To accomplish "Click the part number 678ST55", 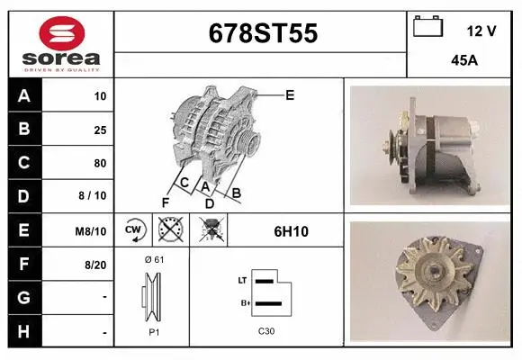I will pyautogui.click(x=262, y=34).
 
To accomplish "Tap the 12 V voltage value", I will pyautogui.click(x=482, y=31).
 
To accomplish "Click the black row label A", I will pyautogui.click(x=24, y=95).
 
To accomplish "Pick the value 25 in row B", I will pyautogui.click(x=100, y=130).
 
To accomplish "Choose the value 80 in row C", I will pyautogui.click(x=100, y=163).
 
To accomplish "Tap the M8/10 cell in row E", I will pyautogui.click(x=92, y=231).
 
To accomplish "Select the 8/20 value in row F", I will pyautogui.click(x=94, y=265).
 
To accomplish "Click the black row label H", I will pyautogui.click(x=24, y=331).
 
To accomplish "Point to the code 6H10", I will pyautogui.click(x=291, y=231).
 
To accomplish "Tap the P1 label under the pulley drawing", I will pyautogui.click(x=154, y=331).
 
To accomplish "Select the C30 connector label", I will pyautogui.click(x=266, y=331).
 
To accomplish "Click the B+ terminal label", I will pyautogui.click(x=243, y=302).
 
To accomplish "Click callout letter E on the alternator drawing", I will pyautogui.click(x=290, y=94).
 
